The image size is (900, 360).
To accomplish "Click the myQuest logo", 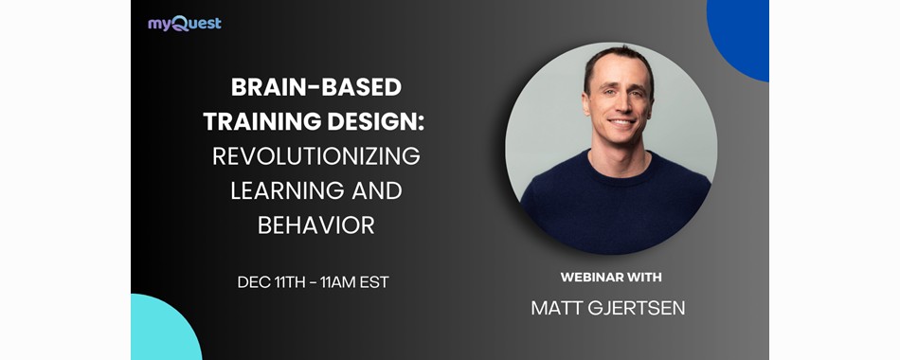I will pyautogui.click(x=184, y=23).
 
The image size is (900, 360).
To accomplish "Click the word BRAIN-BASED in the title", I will pyautogui.click(x=315, y=87).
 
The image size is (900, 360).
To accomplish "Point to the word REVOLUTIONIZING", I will pyautogui.click(x=315, y=156).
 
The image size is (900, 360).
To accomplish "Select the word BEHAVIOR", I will pyautogui.click(x=315, y=225).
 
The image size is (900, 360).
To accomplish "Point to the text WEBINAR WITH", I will pyautogui.click(x=611, y=278).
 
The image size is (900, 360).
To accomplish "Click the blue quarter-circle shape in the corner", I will pyautogui.click(x=744, y=33).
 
